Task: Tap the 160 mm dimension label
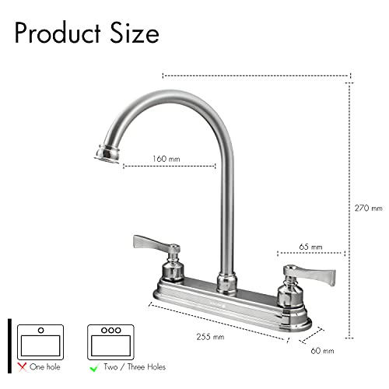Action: pos(165,159)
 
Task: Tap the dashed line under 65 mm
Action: pos(310,253)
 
